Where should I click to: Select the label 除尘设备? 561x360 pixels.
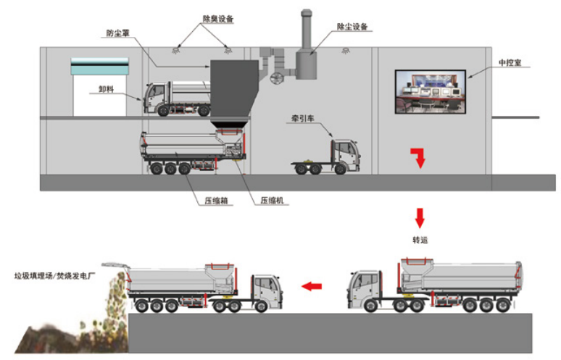352,27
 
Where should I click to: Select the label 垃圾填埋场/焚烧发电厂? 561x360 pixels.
51,275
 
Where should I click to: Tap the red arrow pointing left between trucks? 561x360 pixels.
312,286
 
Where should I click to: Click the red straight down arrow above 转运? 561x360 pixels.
419,217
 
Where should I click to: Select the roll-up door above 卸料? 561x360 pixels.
99,66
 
